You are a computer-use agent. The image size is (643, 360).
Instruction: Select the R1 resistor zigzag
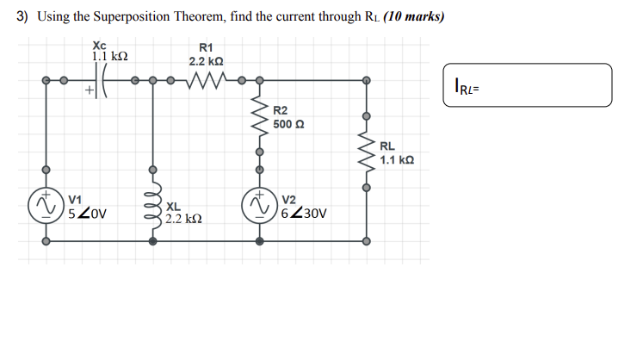coord(206,82)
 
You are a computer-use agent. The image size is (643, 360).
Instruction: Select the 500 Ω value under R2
coord(288,124)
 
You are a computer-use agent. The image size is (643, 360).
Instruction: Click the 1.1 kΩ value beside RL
coord(396,160)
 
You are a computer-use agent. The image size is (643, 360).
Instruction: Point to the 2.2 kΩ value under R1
coord(207,62)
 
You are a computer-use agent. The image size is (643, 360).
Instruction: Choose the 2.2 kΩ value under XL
coord(184,220)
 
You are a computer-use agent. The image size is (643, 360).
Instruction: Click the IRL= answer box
coord(527,84)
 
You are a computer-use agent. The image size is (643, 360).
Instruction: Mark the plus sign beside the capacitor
coord(88,89)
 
